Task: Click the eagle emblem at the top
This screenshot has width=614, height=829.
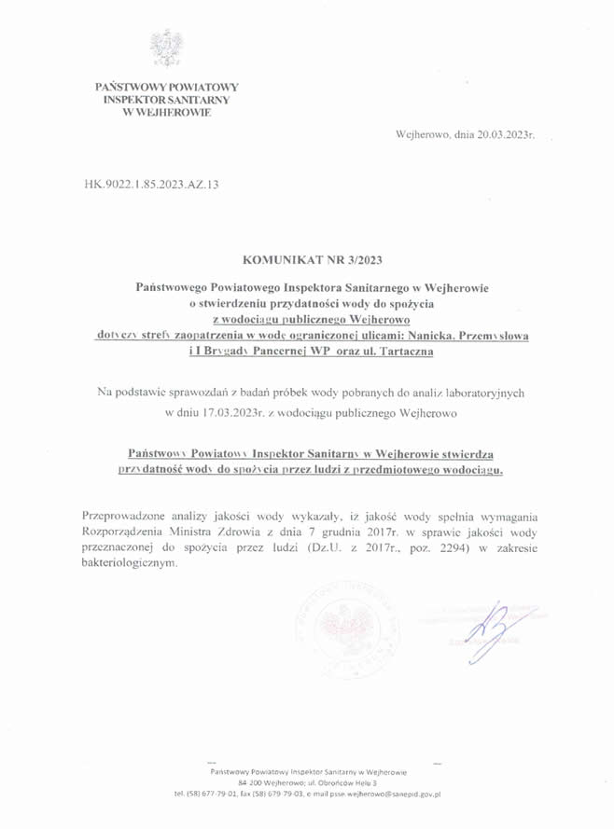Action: coord(167,46)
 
